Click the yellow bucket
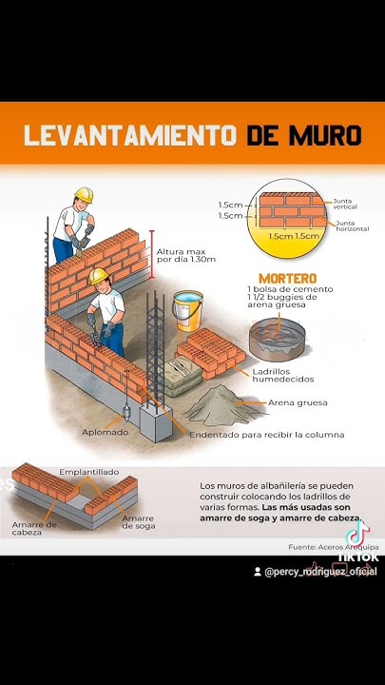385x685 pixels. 187,311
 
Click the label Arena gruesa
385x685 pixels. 299,401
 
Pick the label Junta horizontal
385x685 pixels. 352,226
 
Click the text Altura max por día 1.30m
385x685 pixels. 186,255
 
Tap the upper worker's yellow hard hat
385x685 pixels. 84,195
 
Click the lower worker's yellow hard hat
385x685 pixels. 98,276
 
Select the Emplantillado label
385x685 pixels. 88,471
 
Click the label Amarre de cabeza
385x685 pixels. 34,528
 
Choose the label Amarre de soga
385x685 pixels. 138,522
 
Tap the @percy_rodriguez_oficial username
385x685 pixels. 320,572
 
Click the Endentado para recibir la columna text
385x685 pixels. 267,435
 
